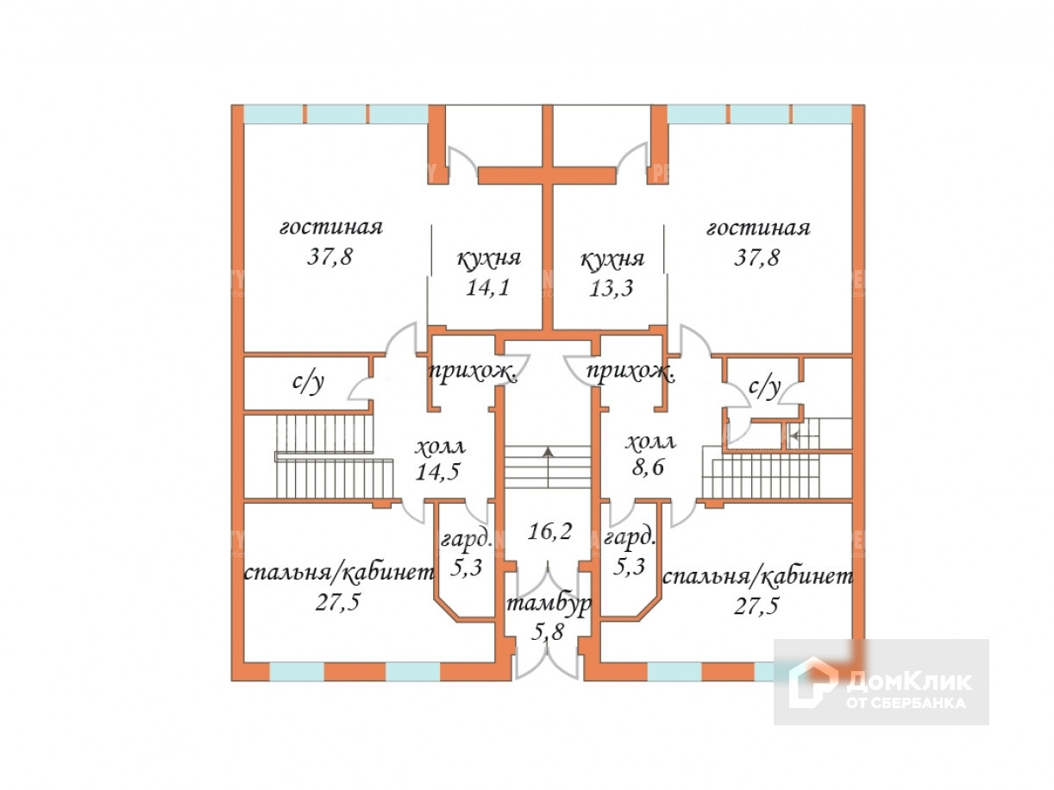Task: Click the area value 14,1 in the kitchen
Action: coord(488,287)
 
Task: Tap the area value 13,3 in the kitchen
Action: coord(612,287)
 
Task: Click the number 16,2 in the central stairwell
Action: coord(549,530)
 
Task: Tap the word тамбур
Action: coord(549,605)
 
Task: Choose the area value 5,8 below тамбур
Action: coord(549,632)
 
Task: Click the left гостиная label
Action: coord(330,228)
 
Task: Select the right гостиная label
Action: coord(758,228)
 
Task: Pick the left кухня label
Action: coord(488,259)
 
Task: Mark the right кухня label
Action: coord(612,259)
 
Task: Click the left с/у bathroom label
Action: coord(308,383)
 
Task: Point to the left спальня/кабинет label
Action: coord(338,574)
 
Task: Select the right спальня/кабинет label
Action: coord(756,575)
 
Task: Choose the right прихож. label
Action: coord(630,373)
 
